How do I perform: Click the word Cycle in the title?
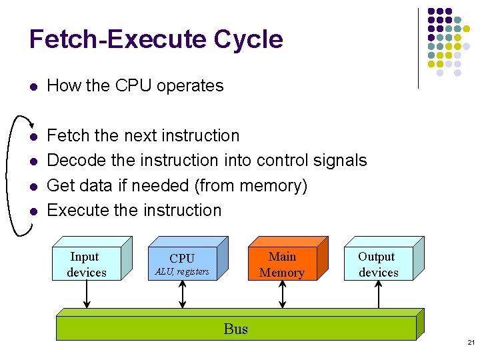248,39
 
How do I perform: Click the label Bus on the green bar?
236,329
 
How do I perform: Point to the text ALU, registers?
182,271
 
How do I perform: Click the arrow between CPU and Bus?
182,294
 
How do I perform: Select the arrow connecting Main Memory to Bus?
282,294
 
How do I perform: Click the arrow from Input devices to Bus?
87,294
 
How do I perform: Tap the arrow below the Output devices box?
378,294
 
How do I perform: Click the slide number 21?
471,342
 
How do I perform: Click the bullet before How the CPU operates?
34,87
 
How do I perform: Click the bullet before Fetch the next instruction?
34,136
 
